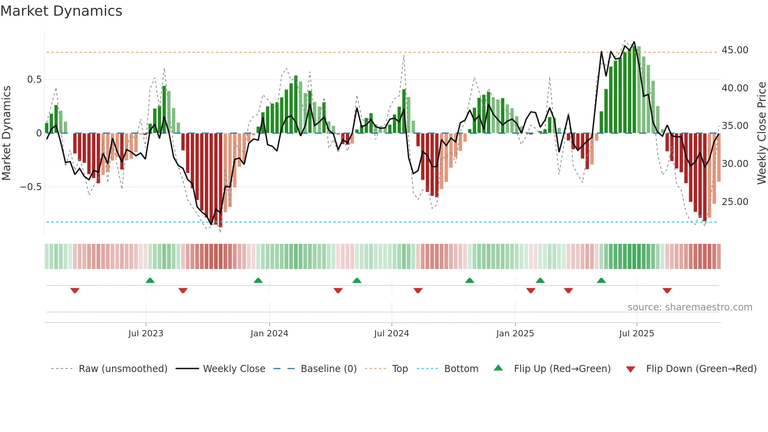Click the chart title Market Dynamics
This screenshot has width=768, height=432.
[61, 11]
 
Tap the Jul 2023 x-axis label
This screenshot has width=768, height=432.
[146, 334]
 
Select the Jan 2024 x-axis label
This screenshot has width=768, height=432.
[269, 334]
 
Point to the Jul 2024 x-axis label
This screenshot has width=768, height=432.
[391, 334]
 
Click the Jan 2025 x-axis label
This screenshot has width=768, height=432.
[515, 334]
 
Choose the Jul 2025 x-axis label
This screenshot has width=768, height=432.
[636, 334]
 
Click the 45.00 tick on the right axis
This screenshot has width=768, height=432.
[735, 50]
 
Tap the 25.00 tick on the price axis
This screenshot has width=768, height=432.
[735, 202]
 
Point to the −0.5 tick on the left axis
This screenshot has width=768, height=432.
[31, 187]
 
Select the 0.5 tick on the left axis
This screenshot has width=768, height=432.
[34, 80]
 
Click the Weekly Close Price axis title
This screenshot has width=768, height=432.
[761, 133]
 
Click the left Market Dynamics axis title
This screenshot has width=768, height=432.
[6, 133]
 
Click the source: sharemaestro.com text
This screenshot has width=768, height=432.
[690, 307]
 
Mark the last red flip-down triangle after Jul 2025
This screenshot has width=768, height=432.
[667, 290]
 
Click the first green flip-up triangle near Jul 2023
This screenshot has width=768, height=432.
[150, 280]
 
